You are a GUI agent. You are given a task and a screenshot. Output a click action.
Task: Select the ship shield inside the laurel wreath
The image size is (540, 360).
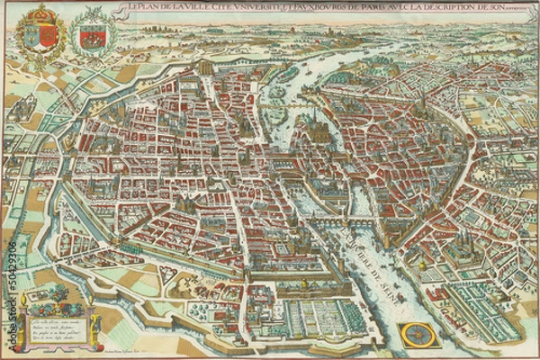pos(93,36)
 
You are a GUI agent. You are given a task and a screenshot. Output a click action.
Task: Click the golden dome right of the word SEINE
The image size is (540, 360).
pos(423,267)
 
